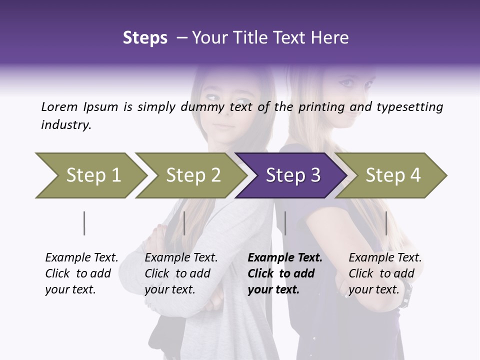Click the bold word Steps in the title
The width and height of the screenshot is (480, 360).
pyautogui.click(x=145, y=38)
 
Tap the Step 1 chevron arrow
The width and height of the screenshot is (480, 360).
pyautogui.click(x=90, y=175)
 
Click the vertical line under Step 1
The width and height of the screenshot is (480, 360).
pyautogui.click(x=84, y=223)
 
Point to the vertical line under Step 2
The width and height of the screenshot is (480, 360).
pyautogui.click(x=184, y=223)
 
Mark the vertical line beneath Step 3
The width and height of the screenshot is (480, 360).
pyautogui.click(x=285, y=223)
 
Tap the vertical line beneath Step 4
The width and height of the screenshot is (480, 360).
pyautogui.click(x=386, y=223)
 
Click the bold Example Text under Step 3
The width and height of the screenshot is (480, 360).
pyautogui.click(x=285, y=273)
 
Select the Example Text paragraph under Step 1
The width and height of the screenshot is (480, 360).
pyautogui.click(x=81, y=273)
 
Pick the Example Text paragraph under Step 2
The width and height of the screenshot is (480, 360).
pyautogui.click(x=181, y=273)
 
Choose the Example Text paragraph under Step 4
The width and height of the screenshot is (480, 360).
pyautogui.click(x=385, y=273)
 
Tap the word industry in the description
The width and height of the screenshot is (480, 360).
pyautogui.click(x=66, y=124)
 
